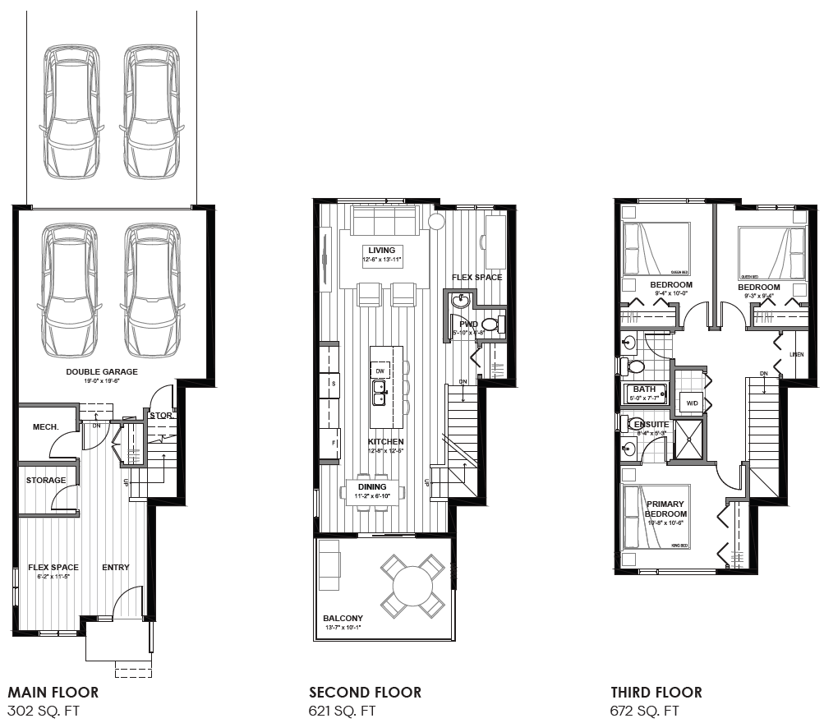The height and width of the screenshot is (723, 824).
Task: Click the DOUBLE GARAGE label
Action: [102, 371]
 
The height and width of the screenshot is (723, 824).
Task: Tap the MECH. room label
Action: [44, 427]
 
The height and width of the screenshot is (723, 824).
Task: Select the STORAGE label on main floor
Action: [46, 480]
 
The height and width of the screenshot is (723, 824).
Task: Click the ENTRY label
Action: [115, 567]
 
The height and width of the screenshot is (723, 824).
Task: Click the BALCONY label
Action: [343, 619]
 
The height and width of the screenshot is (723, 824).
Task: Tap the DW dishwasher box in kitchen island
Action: [380, 371]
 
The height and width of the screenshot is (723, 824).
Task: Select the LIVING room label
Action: [381, 251]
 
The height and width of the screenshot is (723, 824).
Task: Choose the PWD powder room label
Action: [468, 325]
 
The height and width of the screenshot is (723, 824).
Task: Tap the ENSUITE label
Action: [651, 424]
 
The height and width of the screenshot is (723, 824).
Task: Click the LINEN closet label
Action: [796, 355]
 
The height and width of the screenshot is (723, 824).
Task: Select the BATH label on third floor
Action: [644, 389]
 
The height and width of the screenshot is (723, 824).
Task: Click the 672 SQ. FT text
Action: [645, 711]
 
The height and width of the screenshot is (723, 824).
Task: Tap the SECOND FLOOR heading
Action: [365, 693]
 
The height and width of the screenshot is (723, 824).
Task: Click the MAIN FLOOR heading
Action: [53, 693]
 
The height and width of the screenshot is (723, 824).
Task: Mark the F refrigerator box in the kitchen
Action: [334, 442]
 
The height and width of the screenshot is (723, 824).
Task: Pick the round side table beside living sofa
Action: [436, 222]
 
